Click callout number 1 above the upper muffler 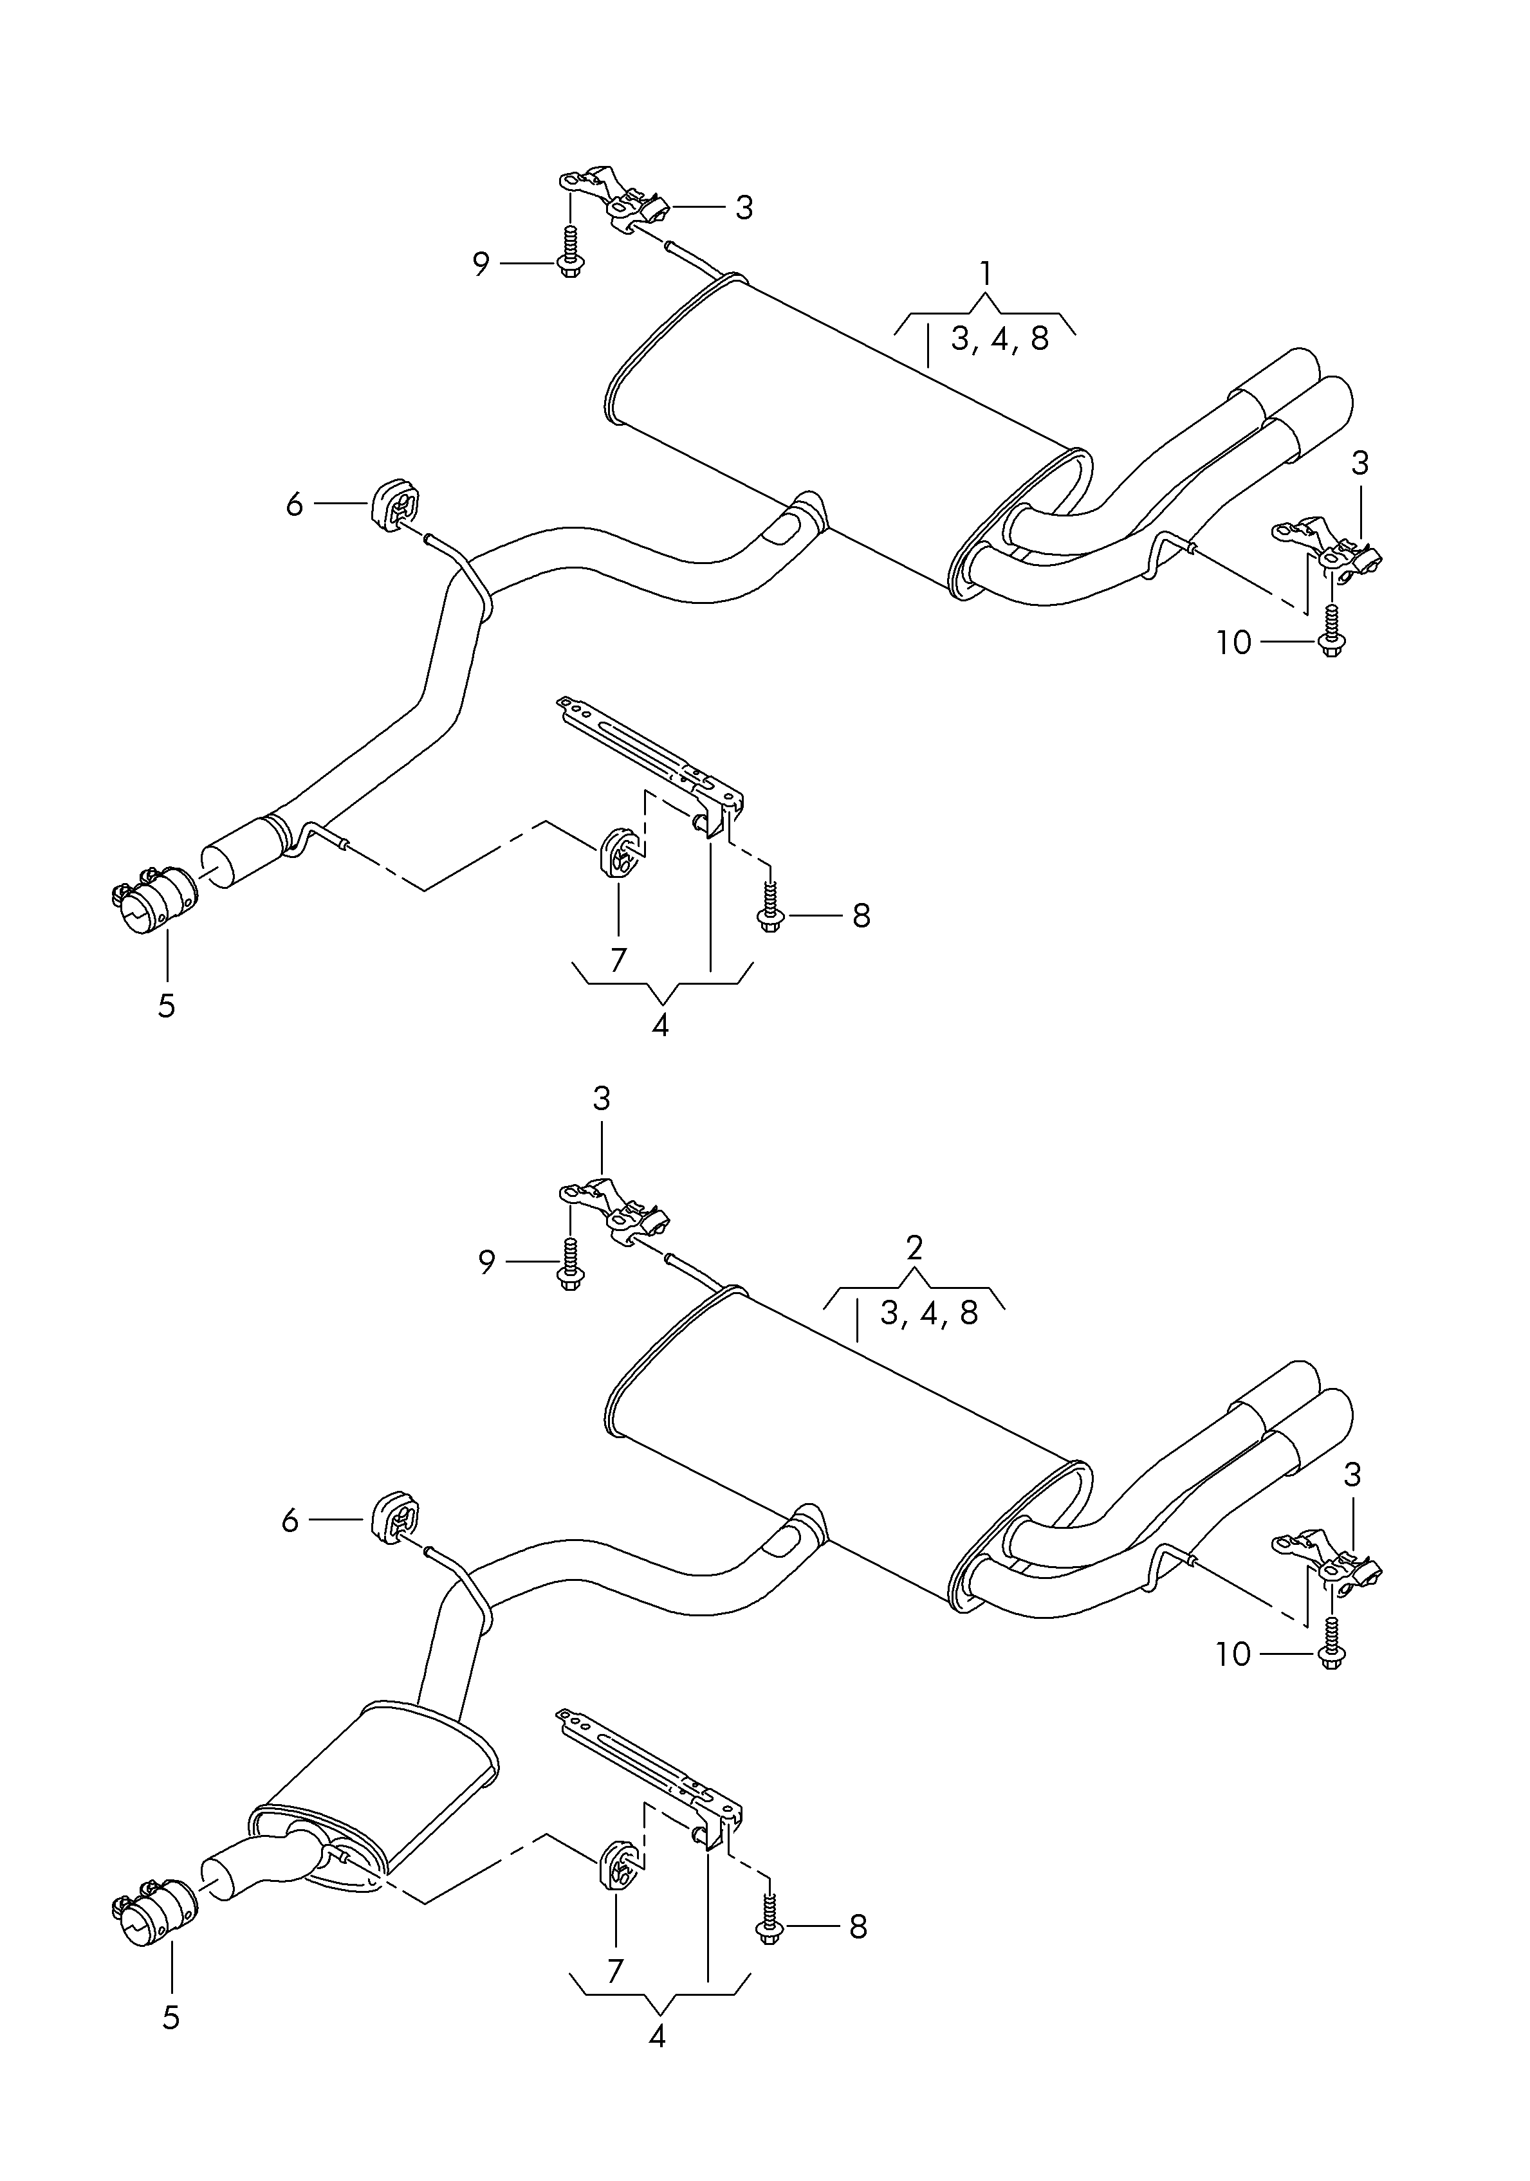[x=986, y=275]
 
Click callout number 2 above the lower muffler [x=914, y=1246]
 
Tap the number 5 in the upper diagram [x=166, y=1006]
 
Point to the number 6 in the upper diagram [x=295, y=504]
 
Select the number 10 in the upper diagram [x=1233, y=643]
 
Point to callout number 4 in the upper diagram [x=661, y=1026]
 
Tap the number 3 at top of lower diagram [x=602, y=1099]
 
